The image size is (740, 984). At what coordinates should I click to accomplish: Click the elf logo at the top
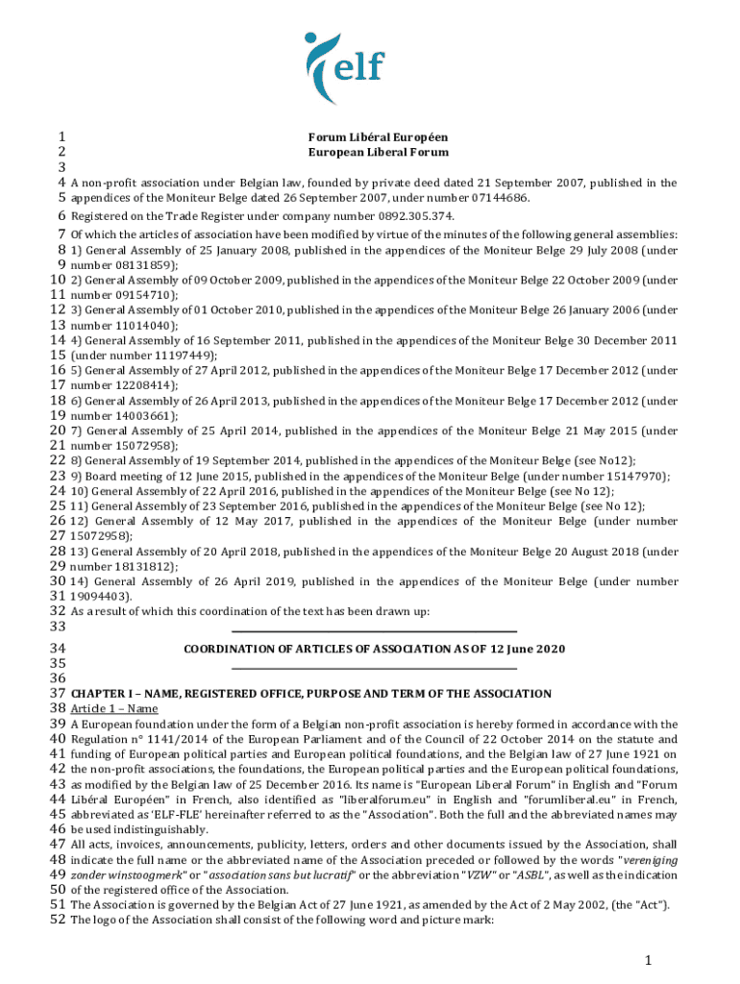click(343, 59)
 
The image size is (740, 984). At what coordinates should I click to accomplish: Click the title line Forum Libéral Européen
click(378, 136)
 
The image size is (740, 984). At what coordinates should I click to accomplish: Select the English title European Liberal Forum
click(378, 152)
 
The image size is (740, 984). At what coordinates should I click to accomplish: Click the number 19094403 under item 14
click(99, 597)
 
